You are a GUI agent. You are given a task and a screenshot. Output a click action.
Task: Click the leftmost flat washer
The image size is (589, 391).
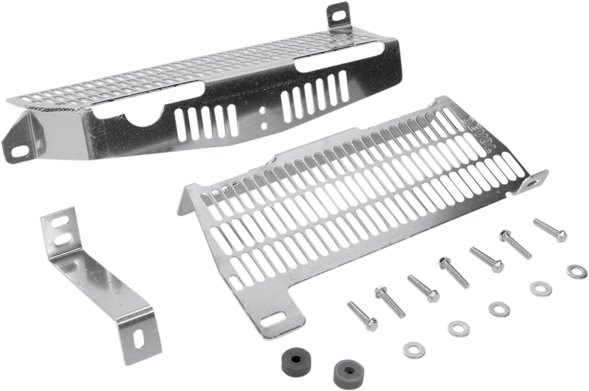pyautogui.click(x=413, y=350)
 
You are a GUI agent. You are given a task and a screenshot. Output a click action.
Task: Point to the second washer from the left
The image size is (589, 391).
pyautogui.click(x=459, y=328)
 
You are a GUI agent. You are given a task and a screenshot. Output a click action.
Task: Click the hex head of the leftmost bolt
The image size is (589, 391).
pyautogui.click(x=371, y=324)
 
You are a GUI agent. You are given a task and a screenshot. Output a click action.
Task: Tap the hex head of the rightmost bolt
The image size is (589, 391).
pyautogui.click(x=558, y=236)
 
